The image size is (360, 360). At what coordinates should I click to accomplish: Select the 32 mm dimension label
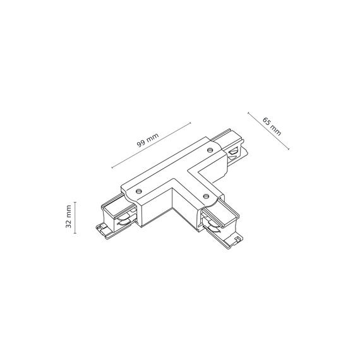point(68,217)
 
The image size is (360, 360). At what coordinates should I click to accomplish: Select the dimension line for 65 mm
point(268,131)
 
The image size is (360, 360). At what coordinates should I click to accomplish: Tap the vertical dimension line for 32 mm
point(76,217)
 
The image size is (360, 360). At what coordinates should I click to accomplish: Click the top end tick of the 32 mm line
point(76,201)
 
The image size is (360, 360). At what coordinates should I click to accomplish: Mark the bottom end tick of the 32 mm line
point(76,234)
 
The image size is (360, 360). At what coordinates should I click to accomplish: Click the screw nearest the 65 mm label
point(211,150)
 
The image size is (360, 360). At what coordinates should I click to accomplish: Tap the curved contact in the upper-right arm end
point(235,152)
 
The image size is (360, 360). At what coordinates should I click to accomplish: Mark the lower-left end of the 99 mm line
point(112,168)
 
